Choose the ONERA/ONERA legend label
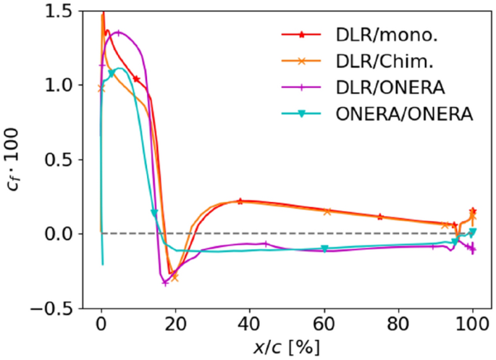tap(405, 114)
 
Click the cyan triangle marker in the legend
tap(303, 114)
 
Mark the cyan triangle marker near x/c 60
tap(324, 249)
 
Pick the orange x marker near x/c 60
tap(327, 212)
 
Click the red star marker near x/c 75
tap(380, 217)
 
